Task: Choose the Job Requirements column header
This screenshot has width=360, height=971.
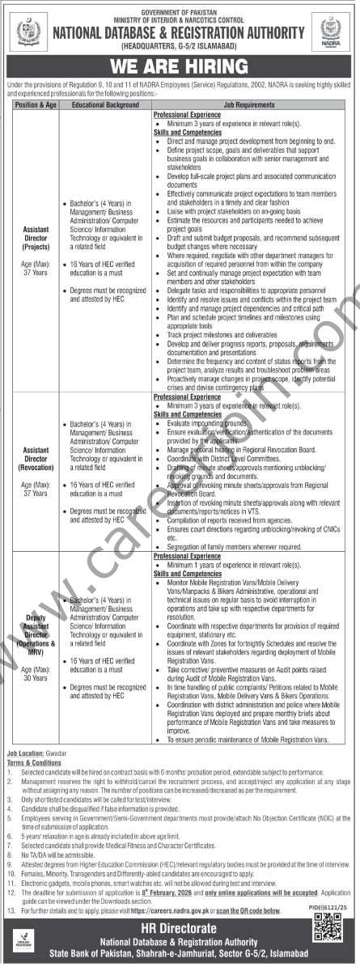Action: pyautogui.click(x=253, y=106)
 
